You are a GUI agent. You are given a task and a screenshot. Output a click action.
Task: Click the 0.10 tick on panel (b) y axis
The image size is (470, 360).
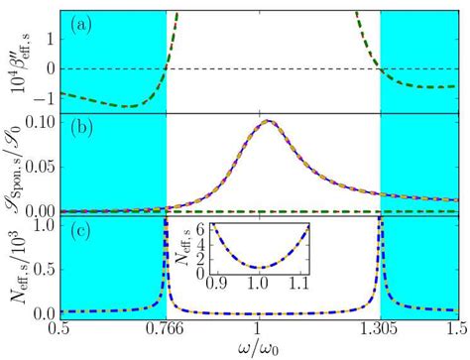[40, 123]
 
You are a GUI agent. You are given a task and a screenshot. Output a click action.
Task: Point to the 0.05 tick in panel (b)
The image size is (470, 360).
[40, 167]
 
